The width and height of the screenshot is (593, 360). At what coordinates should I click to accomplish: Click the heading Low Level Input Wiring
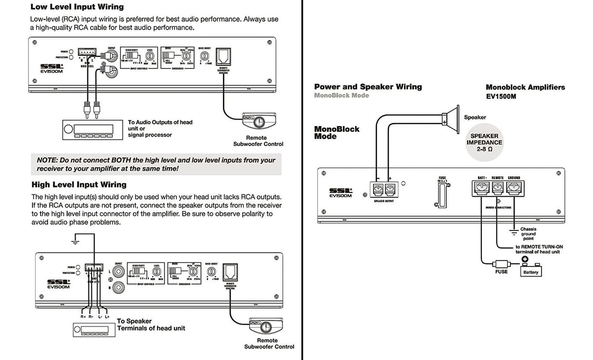[77, 7]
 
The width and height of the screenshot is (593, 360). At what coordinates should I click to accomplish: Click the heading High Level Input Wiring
[79, 184]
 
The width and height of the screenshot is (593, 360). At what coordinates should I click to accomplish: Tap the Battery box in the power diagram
[531, 271]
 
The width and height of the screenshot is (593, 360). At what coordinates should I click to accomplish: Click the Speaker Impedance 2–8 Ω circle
[484, 142]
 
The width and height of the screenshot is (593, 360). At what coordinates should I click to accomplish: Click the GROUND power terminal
[514, 188]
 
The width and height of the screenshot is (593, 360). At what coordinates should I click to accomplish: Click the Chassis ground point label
[528, 234]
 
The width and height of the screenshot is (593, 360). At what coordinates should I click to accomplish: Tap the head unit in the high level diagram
[93, 330]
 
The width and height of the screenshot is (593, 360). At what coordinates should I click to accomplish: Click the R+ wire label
[83, 316]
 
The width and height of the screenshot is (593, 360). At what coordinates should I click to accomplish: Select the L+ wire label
[107, 316]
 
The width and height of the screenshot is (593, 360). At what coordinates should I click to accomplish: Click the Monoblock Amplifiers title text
[525, 87]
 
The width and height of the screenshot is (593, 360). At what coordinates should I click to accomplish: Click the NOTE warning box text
[156, 164]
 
